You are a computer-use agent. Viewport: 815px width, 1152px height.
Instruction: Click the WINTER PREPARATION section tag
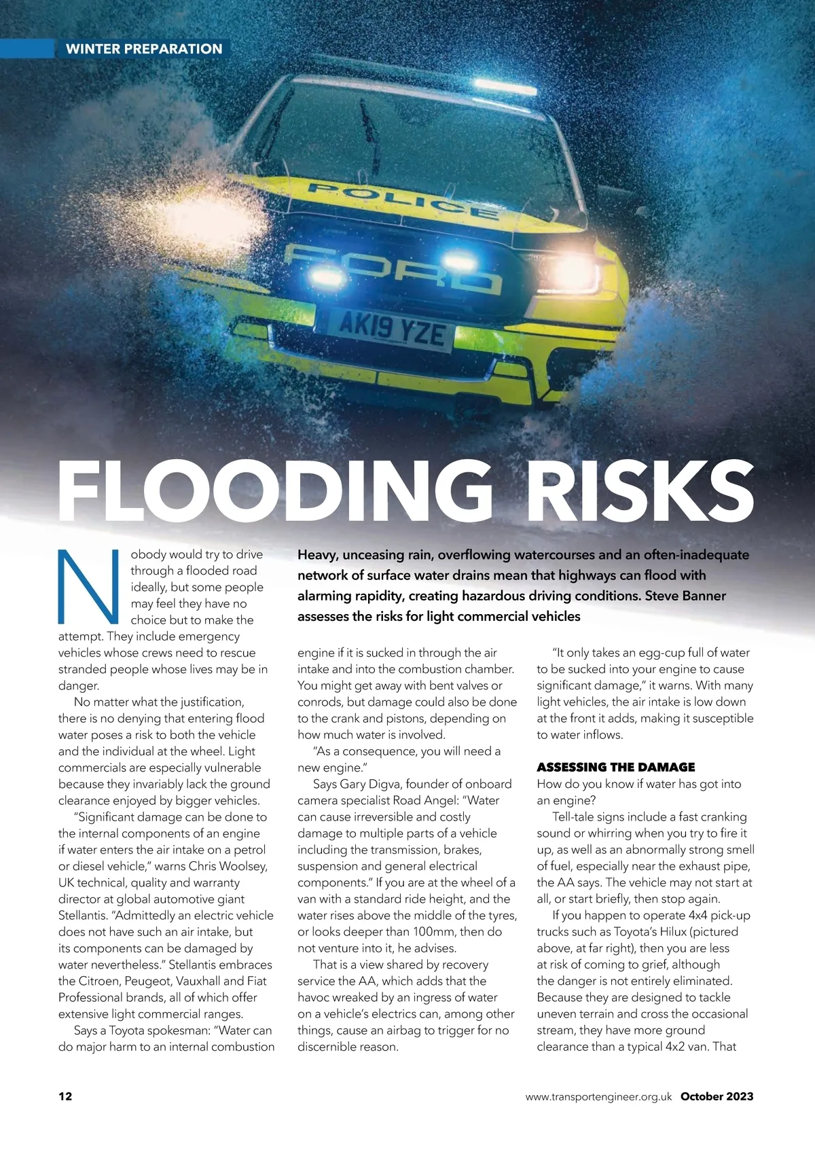(x=143, y=49)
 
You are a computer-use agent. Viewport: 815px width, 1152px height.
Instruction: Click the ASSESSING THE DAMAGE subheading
(x=615, y=767)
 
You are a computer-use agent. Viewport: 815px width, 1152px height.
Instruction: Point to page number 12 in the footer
(x=65, y=1096)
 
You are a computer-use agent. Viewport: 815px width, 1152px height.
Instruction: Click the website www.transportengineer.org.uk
(x=598, y=1096)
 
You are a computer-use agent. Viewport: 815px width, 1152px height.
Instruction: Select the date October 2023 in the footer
(x=717, y=1096)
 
